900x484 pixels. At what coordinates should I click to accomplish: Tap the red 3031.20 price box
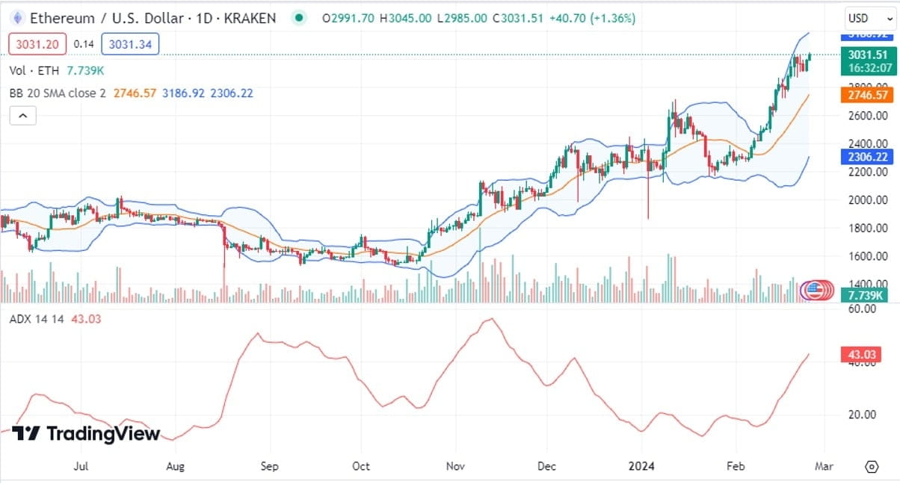37,44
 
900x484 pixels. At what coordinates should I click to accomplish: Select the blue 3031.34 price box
130,44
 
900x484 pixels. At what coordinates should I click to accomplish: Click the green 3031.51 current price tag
867,55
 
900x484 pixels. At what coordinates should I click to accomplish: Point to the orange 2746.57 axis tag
867,95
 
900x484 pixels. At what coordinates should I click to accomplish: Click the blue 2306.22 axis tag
867,157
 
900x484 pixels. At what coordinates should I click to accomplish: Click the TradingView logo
86,433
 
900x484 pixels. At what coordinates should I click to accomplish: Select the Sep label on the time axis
269,467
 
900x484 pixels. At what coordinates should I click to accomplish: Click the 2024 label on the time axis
641,467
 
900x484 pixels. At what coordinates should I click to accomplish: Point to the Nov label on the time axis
455,467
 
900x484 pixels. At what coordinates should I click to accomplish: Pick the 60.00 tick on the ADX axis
864,308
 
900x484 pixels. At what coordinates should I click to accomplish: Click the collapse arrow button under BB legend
22,116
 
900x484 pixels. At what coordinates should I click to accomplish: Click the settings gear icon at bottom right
871,467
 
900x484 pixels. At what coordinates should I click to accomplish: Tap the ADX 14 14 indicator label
37,319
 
